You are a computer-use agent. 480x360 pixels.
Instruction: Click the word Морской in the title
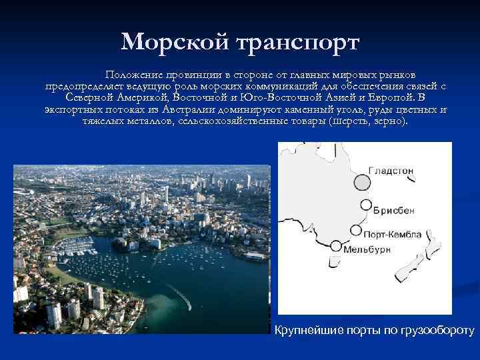coord(175,43)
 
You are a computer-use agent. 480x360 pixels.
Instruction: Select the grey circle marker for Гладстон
coord(362,182)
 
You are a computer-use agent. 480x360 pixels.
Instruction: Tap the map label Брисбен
coord(393,210)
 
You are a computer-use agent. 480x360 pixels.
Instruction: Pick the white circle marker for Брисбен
coord(365,205)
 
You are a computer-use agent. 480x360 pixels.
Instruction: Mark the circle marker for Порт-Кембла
coord(356,233)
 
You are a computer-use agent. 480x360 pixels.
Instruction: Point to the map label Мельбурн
coord(365,250)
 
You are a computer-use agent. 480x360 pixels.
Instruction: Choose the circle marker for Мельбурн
coord(336,246)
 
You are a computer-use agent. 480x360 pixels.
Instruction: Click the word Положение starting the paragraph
coord(133,75)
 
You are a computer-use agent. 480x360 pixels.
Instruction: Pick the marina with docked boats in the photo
coord(77,247)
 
